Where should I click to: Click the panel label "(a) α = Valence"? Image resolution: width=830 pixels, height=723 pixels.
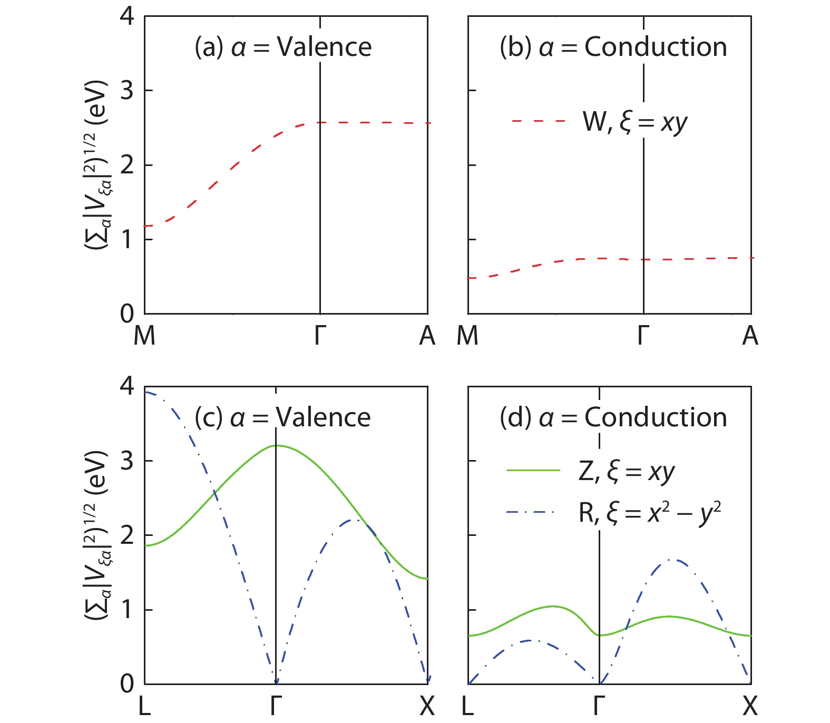[x=283, y=47]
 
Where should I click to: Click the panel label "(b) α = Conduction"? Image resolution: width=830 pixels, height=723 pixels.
[x=613, y=47]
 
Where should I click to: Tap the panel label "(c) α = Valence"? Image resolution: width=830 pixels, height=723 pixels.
[x=282, y=418]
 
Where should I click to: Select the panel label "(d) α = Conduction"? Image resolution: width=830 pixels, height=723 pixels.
[x=613, y=418]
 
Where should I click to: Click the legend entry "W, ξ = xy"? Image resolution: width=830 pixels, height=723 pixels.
[x=634, y=122]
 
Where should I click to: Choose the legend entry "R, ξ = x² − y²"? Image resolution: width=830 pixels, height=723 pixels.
[x=649, y=512]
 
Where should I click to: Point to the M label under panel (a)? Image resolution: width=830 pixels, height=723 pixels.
[x=144, y=336]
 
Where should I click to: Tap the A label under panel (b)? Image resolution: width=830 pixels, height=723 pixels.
[x=750, y=336]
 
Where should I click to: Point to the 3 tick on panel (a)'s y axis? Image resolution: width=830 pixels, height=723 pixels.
[x=128, y=91]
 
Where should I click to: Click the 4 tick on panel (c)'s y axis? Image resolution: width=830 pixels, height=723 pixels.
[x=128, y=387]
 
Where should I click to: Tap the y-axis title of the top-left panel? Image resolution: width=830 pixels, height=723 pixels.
[x=99, y=165]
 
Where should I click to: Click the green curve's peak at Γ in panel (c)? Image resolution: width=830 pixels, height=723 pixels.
[x=276, y=446]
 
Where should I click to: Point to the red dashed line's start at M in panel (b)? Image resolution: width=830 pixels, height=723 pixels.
[x=469, y=278]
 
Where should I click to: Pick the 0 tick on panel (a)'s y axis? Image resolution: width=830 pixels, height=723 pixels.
[x=128, y=314]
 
